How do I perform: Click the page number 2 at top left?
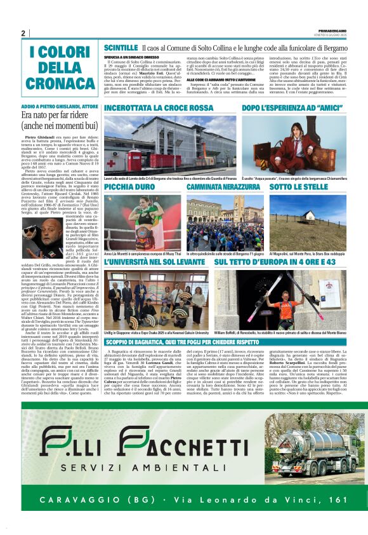click(23, 33)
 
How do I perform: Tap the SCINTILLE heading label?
click(121, 48)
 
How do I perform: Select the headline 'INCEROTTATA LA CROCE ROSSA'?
click(159, 109)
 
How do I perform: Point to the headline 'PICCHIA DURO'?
click(128, 188)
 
